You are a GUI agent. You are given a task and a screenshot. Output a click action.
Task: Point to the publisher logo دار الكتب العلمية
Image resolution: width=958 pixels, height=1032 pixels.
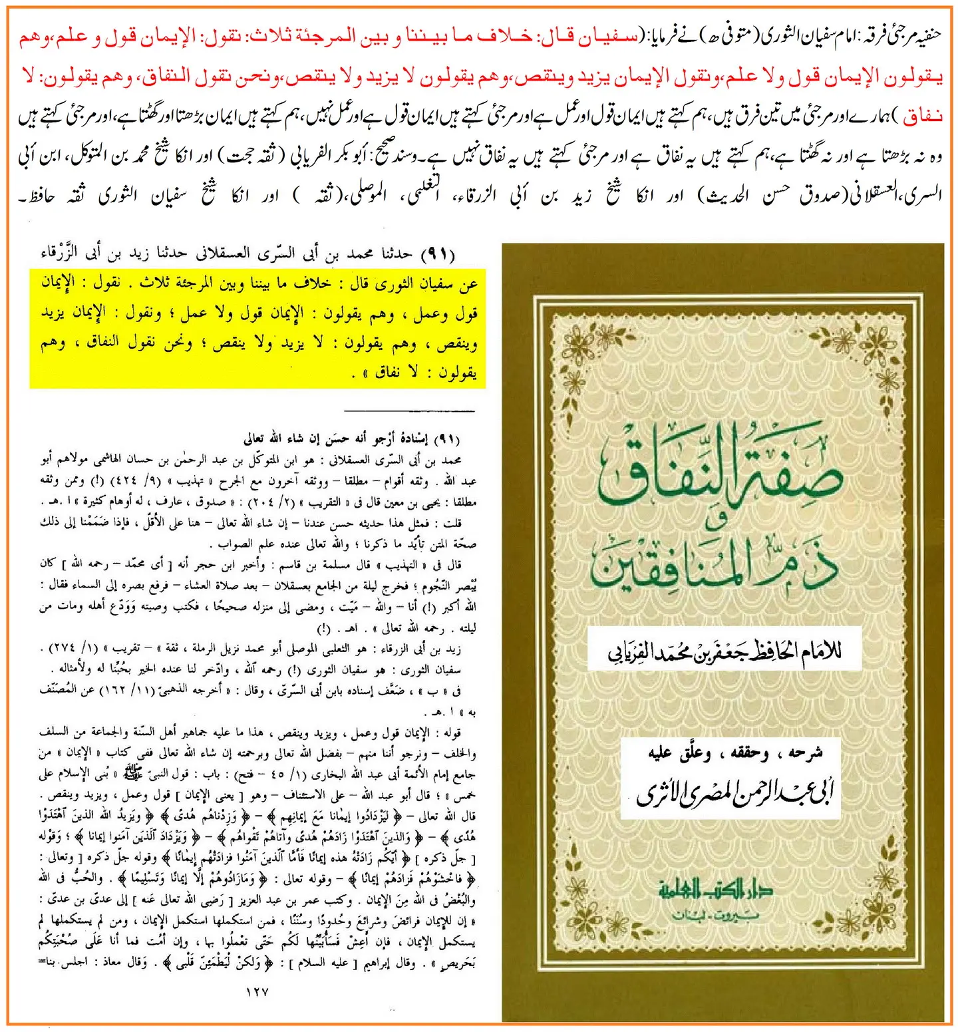point(715,889)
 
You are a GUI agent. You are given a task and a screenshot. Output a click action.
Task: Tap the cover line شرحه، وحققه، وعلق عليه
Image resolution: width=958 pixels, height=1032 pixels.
point(735,753)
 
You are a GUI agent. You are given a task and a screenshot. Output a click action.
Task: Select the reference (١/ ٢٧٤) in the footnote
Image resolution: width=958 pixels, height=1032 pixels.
point(73,648)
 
